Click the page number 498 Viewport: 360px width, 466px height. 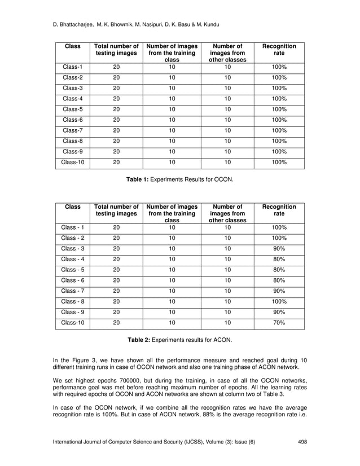click(302, 442)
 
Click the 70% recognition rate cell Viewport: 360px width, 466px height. click(279, 323)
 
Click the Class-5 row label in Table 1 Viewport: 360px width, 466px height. click(72, 109)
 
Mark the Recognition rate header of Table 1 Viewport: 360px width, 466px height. click(279, 49)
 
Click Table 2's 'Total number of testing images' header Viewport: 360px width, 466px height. click(116, 211)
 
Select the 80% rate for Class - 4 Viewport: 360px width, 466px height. click(279, 259)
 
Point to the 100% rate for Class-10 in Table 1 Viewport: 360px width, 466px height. click(279, 162)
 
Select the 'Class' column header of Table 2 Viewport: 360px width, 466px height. click(73, 207)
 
